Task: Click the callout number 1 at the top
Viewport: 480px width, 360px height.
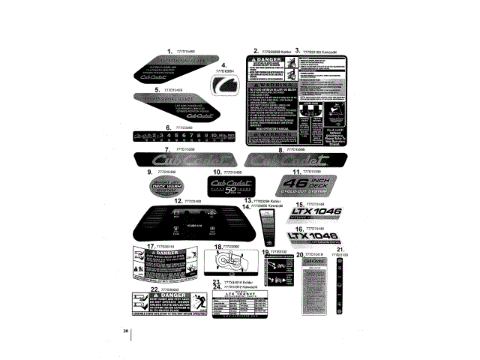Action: click(170, 50)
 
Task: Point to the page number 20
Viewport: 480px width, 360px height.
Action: click(126, 331)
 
